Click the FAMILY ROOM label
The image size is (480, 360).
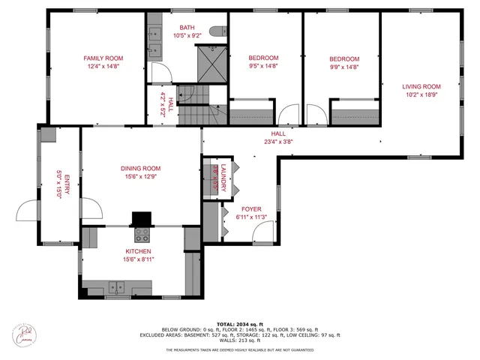tap(103, 58)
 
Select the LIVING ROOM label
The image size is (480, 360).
tap(421, 86)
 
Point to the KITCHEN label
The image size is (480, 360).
tap(138, 251)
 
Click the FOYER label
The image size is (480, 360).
tap(250, 209)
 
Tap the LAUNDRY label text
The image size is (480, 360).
tap(223, 174)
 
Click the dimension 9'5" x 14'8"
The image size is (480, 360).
tap(262, 66)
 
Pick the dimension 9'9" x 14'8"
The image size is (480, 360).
tap(344, 66)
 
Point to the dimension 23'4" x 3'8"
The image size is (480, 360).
tap(277, 141)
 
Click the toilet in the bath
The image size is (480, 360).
tap(217, 31)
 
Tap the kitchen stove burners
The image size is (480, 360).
tap(142, 234)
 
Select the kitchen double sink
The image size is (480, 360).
tap(116, 286)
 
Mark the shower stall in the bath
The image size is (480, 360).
tap(211, 63)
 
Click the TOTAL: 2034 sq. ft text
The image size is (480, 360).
tap(240, 322)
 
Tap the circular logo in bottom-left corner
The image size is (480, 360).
tap(25, 334)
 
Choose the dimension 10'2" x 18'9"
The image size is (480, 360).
tap(421, 94)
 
